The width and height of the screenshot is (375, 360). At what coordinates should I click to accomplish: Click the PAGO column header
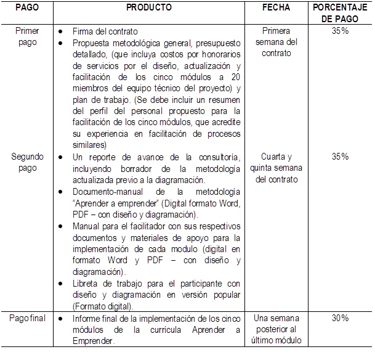26,7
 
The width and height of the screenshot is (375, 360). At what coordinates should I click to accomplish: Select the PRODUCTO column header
149,7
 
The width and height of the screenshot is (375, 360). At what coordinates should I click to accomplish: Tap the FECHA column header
276,7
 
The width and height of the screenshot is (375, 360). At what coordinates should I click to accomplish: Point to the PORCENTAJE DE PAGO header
340,12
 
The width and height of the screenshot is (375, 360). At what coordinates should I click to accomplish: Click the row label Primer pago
26,36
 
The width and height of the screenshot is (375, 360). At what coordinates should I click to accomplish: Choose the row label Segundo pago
27,162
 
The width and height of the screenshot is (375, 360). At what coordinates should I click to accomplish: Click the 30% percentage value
340,318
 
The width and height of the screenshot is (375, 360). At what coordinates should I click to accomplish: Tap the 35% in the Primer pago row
340,31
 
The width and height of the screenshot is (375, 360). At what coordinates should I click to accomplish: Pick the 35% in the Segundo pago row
340,157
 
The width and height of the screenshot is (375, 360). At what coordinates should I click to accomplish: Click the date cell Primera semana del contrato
276,42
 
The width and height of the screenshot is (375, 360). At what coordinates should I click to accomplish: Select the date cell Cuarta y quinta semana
276,168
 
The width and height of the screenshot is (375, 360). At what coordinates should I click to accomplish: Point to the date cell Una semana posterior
276,329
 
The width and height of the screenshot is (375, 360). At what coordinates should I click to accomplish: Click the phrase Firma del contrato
105,31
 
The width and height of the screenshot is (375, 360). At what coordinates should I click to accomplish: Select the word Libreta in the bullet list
85,284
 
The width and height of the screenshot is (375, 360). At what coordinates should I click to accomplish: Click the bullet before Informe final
60,319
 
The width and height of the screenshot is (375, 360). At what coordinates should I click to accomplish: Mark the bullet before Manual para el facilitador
60,227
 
